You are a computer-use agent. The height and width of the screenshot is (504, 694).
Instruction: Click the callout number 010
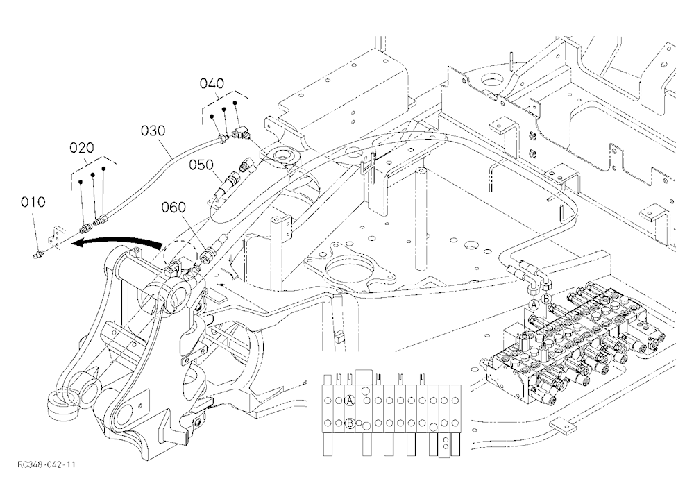[33, 203]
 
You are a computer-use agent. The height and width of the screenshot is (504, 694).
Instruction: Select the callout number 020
[83, 148]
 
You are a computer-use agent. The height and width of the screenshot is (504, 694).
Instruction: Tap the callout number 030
[153, 131]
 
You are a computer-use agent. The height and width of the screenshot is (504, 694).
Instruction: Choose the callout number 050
[201, 165]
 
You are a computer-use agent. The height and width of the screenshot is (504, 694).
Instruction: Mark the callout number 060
[173, 207]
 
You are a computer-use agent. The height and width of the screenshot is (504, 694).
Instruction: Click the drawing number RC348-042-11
[46, 464]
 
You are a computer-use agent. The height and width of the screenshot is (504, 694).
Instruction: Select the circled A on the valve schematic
[350, 401]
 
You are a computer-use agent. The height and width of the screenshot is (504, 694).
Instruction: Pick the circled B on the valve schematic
[350, 423]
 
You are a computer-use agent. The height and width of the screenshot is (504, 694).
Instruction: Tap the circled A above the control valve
[534, 305]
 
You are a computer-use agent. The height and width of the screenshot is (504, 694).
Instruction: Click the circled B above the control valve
[547, 298]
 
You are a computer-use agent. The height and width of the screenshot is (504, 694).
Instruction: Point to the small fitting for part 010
[38, 255]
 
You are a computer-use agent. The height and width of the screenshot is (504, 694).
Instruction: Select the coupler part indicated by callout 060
[207, 255]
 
